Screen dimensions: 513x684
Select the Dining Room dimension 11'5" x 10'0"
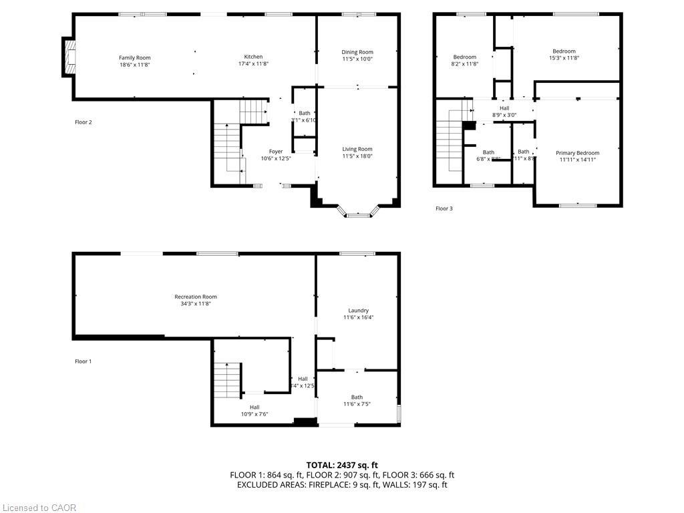(357, 59)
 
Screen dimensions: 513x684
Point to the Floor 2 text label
(83, 122)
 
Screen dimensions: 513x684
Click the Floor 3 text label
(444, 208)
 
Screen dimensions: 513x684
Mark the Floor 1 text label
(83, 361)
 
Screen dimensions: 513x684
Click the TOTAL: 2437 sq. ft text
(342, 465)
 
